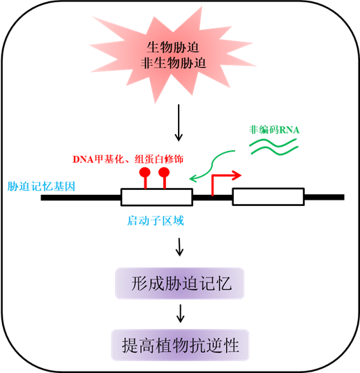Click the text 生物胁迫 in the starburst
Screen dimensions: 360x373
click(173, 47)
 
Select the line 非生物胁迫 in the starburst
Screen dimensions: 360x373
click(173, 64)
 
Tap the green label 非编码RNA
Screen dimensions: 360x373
click(274, 130)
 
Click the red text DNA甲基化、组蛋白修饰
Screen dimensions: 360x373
click(128, 159)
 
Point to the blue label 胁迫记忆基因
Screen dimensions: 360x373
click(41, 186)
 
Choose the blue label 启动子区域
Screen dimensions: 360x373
click(156, 221)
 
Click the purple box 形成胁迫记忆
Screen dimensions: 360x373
click(179, 284)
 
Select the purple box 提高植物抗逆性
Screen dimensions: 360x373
click(180, 345)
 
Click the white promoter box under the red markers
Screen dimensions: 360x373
click(157, 197)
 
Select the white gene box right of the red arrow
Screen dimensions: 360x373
click(269, 197)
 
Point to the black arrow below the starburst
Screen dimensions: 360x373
click(179, 123)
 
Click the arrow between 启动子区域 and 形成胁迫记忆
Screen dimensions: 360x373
click(179, 247)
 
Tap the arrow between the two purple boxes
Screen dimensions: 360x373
click(181, 314)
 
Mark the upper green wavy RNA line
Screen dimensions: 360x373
click(273, 143)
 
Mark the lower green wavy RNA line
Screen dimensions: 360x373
click(274, 151)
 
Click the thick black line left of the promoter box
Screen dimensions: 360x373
click(81, 198)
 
